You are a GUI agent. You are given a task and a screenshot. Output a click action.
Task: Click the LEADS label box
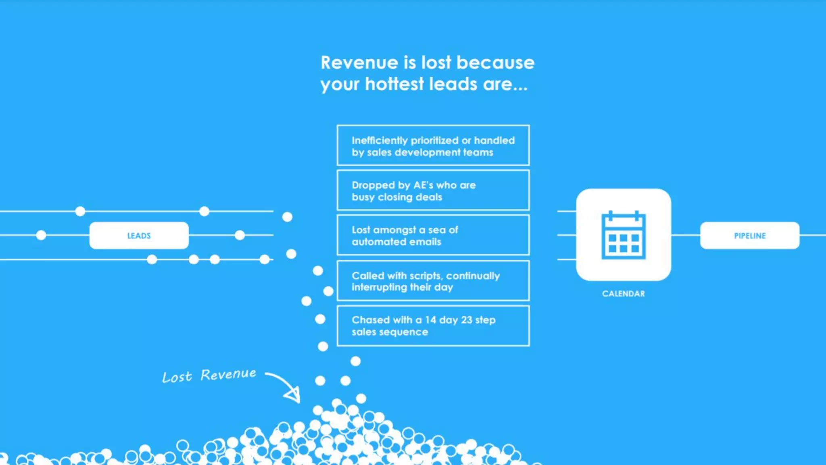pyautogui.click(x=139, y=235)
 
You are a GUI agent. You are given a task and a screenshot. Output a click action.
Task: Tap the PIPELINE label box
pyautogui.click(x=749, y=235)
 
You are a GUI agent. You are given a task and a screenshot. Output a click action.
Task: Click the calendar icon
pyautogui.click(x=624, y=235)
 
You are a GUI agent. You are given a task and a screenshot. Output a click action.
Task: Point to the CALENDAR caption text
pyautogui.click(x=624, y=294)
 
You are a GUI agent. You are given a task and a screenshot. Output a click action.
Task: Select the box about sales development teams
pyautogui.click(x=433, y=145)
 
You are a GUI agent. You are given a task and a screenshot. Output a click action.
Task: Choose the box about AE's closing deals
pyautogui.click(x=433, y=190)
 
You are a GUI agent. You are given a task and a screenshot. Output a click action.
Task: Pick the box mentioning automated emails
pyautogui.click(x=433, y=235)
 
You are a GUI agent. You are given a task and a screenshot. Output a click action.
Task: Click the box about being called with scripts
pyautogui.click(x=433, y=281)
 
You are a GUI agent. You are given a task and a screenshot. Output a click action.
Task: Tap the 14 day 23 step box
pyautogui.click(x=433, y=326)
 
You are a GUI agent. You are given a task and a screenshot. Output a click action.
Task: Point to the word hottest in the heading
pyautogui.click(x=394, y=84)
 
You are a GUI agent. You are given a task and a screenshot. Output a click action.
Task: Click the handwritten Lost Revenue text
pyautogui.click(x=209, y=375)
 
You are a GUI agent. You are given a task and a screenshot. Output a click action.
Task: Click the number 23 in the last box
pyautogui.click(x=466, y=320)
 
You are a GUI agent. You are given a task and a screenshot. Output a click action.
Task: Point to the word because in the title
pyautogui.click(x=495, y=63)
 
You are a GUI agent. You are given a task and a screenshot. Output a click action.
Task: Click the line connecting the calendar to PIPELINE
pyautogui.click(x=686, y=235)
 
